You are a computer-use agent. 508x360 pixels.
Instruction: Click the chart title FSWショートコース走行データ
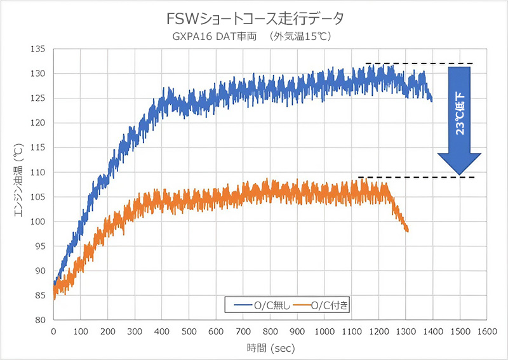point(253,18)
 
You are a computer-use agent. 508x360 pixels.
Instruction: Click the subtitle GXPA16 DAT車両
point(214,36)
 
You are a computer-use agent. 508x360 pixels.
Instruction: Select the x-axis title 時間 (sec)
point(270,348)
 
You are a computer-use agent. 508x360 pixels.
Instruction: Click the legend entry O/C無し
point(260,305)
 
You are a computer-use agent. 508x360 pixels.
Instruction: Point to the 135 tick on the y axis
point(39,49)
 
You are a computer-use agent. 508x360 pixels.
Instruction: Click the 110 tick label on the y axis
point(39,172)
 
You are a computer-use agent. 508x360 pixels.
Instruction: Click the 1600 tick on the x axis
point(488,331)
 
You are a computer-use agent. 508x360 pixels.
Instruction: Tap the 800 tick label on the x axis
point(271,331)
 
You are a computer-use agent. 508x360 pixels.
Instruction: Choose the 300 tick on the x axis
point(135,331)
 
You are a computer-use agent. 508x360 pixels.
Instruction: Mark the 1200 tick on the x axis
point(379,331)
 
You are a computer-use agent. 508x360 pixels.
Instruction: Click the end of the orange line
point(407,230)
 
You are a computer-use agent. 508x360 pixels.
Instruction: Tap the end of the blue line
point(432,100)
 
